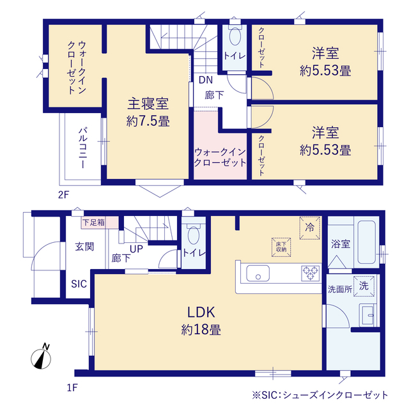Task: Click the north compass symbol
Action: tap(41, 357)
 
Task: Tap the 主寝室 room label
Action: tap(148, 104)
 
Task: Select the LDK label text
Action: tap(201, 313)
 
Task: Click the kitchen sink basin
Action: tap(258, 273)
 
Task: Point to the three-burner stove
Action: tap(310, 273)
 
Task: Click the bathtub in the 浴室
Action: tap(366, 242)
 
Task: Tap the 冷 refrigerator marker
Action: tap(309, 228)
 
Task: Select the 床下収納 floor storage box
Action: tap(281, 247)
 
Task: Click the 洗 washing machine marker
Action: tap(364, 286)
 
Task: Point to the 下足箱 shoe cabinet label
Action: tap(94, 222)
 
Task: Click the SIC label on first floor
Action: tap(79, 284)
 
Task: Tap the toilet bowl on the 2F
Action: tap(235, 36)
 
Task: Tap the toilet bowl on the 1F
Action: tap(194, 235)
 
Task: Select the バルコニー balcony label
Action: tap(83, 148)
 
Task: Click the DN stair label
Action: tap(206, 80)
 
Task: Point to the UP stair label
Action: tap(136, 249)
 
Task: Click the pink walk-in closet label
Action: tap(220, 157)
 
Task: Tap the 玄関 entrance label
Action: tap(84, 247)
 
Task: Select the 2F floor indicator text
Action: tap(63, 195)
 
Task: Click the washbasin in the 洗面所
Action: tap(367, 315)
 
